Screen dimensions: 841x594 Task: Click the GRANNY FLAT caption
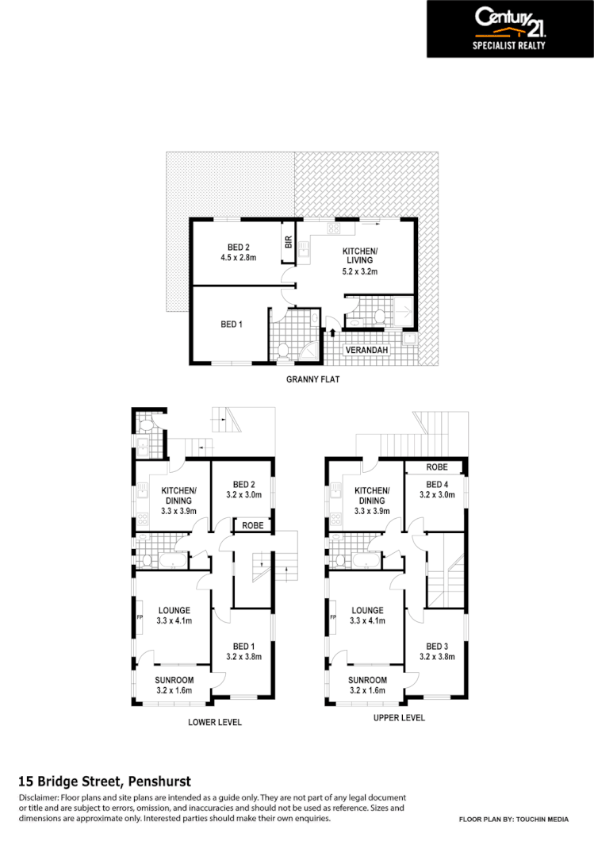click(312, 380)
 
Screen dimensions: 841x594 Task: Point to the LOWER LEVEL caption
click(214, 722)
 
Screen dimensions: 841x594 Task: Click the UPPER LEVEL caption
click(399, 717)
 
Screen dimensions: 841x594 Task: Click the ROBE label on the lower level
click(253, 525)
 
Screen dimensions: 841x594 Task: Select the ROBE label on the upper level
click(437, 467)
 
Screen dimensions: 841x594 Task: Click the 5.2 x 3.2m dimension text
click(359, 271)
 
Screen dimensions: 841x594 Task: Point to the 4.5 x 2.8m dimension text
click(239, 257)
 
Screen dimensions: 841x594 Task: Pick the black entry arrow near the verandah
click(332, 333)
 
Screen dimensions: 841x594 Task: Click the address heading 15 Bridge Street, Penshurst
click(104, 781)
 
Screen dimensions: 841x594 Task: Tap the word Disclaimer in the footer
click(37, 797)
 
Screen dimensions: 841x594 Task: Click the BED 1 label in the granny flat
click(232, 324)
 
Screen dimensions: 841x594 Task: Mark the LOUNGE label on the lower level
click(174, 610)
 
